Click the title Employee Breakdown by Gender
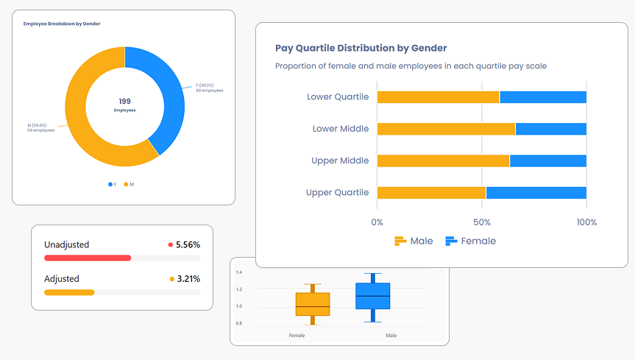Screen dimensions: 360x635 [x=62, y=24]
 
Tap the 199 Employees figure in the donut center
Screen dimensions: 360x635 [x=124, y=105]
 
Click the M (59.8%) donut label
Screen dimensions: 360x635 [x=40, y=127]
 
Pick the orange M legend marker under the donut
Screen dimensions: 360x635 [x=126, y=184]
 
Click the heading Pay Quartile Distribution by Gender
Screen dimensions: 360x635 [x=361, y=48]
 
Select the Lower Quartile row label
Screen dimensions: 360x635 [x=338, y=96]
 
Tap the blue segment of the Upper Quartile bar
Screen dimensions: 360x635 [x=536, y=193]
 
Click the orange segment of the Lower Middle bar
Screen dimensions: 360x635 [x=446, y=129]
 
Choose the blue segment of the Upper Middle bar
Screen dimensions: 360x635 [x=547, y=160]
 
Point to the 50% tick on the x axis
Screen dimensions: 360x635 [x=481, y=222]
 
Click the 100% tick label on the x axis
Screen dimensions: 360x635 [x=586, y=222]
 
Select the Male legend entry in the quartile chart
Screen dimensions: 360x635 [x=414, y=241]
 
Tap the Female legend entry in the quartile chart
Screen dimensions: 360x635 [x=471, y=241]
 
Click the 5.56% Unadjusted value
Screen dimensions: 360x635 [x=188, y=244]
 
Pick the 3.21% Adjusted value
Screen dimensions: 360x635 [x=188, y=279]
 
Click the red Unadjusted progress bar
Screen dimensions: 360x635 [x=88, y=258]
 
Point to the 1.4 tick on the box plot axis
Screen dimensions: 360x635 [x=239, y=272]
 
